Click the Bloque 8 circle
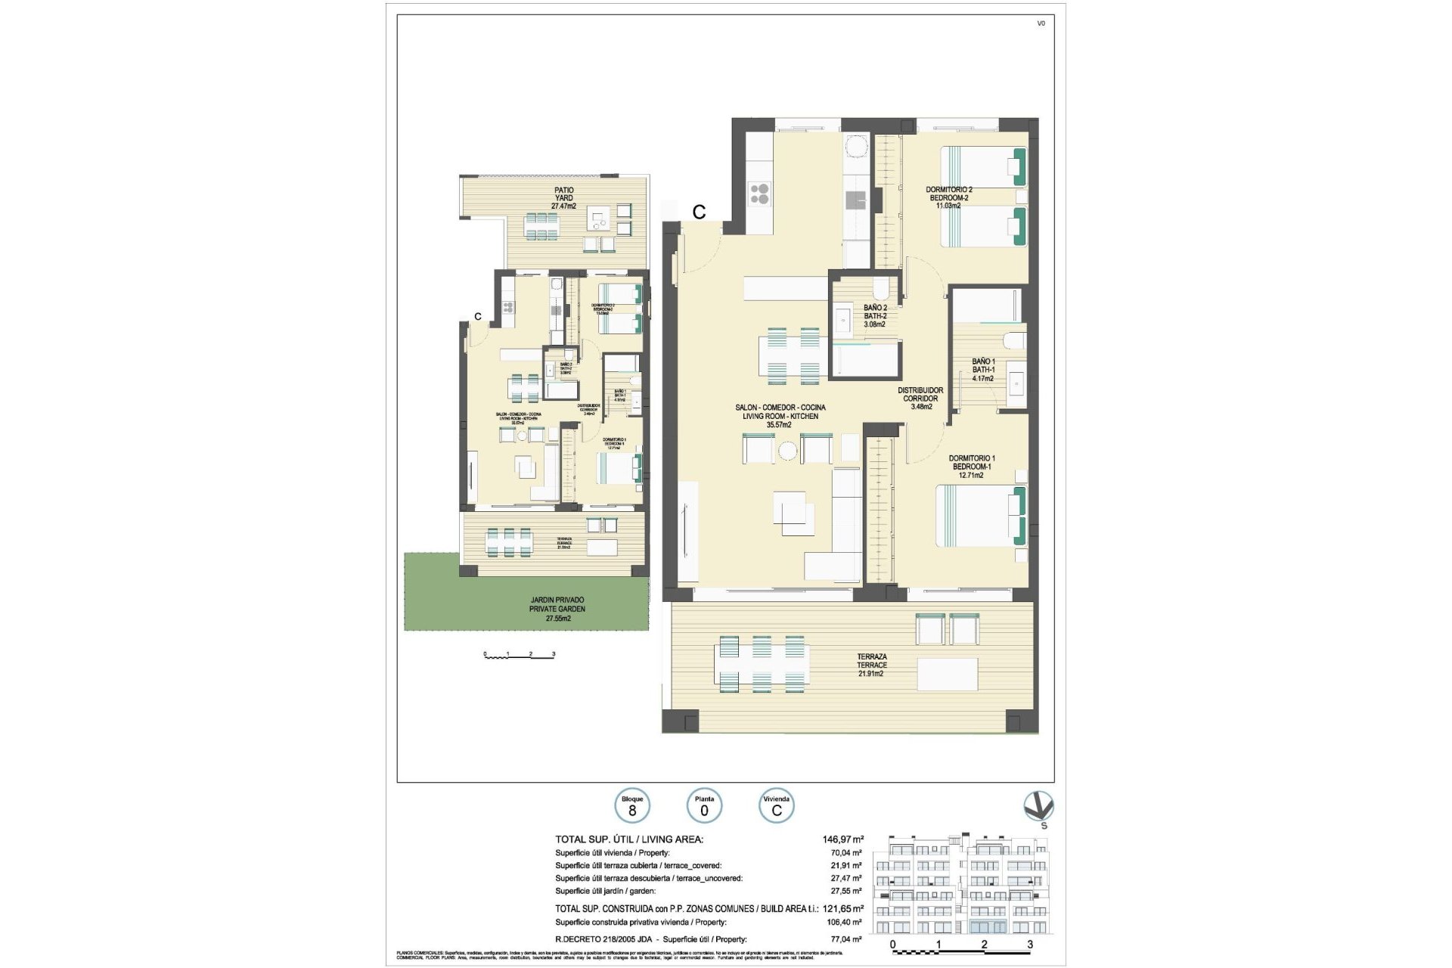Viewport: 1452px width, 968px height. pyautogui.click(x=632, y=806)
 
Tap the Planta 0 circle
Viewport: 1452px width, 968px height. pyautogui.click(x=704, y=806)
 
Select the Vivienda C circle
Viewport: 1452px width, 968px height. pyautogui.click(x=776, y=806)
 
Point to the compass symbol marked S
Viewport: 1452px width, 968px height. pyautogui.click(x=1038, y=808)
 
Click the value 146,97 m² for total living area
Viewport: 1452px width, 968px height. pyautogui.click(x=842, y=839)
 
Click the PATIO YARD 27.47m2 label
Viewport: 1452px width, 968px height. pyautogui.click(x=563, y=198)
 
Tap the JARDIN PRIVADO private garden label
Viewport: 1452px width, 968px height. pyautogui.click(x=557, y=609)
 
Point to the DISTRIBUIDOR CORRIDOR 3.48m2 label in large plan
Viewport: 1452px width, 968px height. pyautogui.click(x=920, y=399)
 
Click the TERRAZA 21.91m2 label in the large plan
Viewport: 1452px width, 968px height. pyautogui.click(x=871, y=665)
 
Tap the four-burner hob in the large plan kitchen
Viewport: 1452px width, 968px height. pyautogui.click(x=759, y=194)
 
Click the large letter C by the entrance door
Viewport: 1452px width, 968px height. pyautogui.click(x=699, y=213)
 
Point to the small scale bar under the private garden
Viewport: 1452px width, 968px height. pyautogui.click(x=520, y=655)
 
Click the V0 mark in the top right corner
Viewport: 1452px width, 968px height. pyautogui.click(x=1041, y=23)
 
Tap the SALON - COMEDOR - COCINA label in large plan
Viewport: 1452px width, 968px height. pyautogui.click(x=780, y=415)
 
